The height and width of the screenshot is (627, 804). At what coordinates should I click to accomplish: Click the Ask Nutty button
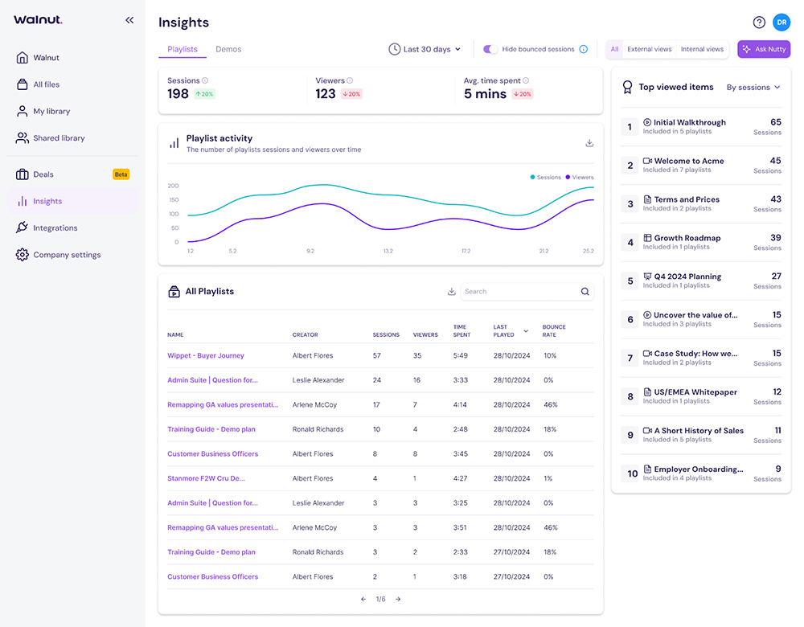[764, 49]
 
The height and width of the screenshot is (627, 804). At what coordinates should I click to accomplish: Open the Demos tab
[228, 49]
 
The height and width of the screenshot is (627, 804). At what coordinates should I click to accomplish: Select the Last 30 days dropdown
[425, 49]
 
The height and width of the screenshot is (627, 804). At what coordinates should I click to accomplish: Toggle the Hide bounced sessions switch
[490, 49]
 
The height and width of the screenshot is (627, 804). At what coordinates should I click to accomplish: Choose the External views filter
[649, 49]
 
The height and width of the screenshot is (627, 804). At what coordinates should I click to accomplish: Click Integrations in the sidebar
[55, 228]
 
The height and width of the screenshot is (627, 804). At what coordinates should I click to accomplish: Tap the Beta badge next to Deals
[121, 174]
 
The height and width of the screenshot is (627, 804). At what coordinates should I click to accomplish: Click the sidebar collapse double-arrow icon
[129, 20]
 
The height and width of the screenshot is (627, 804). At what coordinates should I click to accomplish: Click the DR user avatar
[781, 23]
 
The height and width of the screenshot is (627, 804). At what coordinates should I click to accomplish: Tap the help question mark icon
[758, 23]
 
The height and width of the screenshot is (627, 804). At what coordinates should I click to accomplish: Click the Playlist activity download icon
[589, 143]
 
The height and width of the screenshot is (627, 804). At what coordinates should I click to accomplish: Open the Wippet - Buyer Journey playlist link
[206, 355]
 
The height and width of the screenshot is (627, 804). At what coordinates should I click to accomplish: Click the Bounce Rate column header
[554, 330]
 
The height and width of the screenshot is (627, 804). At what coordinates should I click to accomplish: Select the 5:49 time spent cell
[461, 355]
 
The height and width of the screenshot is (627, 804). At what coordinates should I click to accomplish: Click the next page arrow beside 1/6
[398, 599]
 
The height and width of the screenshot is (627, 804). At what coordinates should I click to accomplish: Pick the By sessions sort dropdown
[753, 88]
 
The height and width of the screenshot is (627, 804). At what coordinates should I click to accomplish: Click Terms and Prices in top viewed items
[686, 199]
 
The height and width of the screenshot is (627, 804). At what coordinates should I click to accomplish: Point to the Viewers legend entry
[579, 177]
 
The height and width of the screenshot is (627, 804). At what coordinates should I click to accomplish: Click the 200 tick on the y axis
[173, 186]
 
